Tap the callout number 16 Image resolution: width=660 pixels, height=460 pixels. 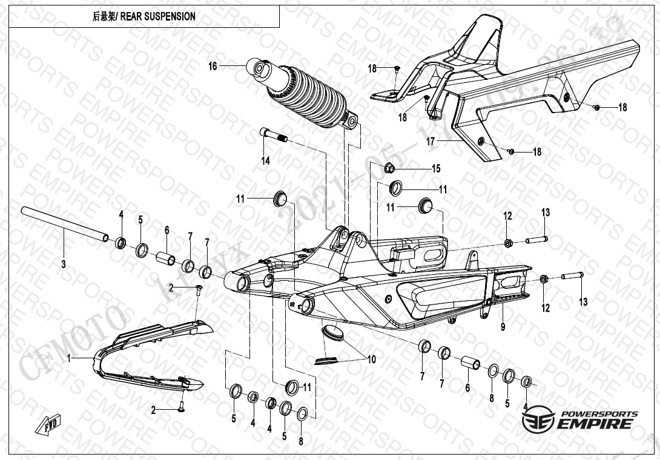[213, 66]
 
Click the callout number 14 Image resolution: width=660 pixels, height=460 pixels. [265, 160]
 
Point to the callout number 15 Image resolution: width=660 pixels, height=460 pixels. [436, 168]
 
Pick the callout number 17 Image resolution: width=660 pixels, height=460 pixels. [431, 142]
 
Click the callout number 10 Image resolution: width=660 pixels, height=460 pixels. [372, 360]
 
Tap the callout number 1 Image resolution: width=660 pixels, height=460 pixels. [70, 358]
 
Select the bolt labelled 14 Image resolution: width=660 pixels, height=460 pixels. [273, 135]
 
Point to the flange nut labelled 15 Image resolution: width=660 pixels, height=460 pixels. [389, 167]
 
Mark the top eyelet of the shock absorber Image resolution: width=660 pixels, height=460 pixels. [259, 68]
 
